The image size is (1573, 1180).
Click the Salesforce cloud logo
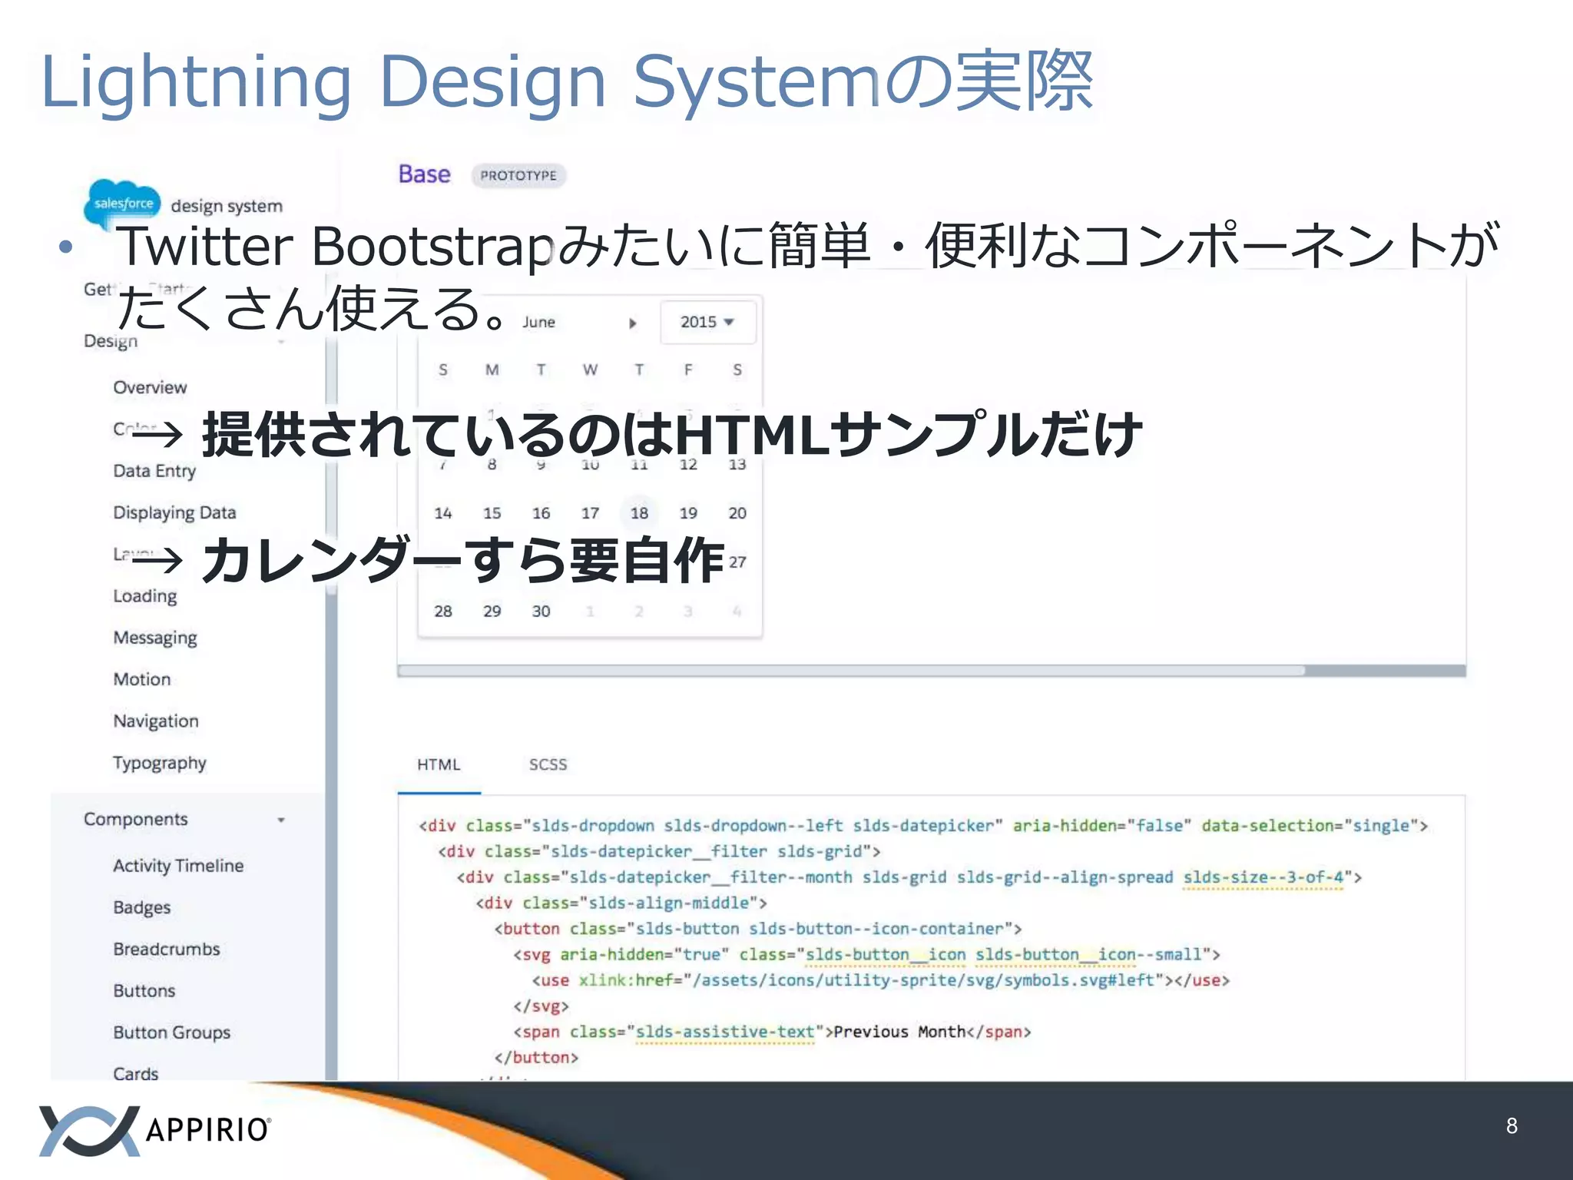[x=123, y=203]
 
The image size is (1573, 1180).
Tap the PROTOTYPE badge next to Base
[x=518, y=176]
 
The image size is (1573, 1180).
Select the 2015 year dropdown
[x=707, y=323]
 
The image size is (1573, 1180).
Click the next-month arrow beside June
[x=633, y=323]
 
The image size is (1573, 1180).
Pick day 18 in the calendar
[x=639, y=513]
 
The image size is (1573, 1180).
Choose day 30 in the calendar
[x=541, y=612]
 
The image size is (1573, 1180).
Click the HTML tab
[x=439, y=765]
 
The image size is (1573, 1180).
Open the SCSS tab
[x=548, y=765]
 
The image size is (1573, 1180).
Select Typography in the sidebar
[x=160, y=763]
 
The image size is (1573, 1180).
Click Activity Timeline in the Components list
[x=178, y=866]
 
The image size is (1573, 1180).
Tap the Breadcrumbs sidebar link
[x=167, y=950]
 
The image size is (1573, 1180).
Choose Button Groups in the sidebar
[x=172, y=1032]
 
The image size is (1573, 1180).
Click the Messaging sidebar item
[x=155, y=638]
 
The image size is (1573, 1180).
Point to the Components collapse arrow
[x=281, y=820]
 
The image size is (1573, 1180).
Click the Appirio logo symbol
[x=89, y=1130]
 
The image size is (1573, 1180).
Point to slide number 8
[x=1512, y=1126]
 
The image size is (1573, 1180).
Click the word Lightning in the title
[x=196, y=83]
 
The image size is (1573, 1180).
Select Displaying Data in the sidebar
[x=174, y=512]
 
